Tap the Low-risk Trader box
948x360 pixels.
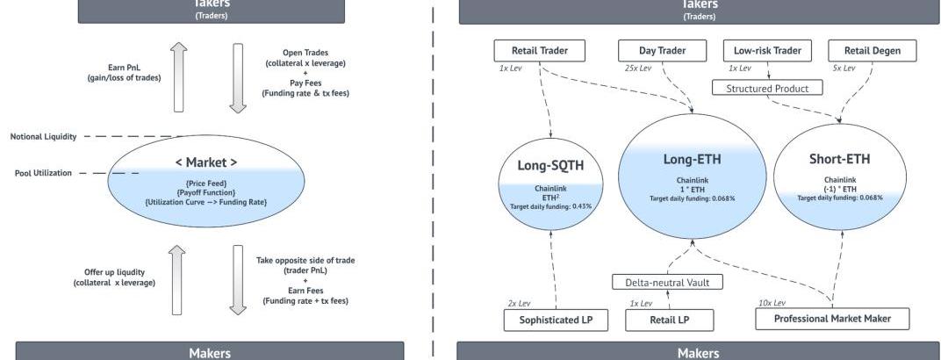tap(763, 51)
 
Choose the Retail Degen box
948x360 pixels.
tap(873, 51)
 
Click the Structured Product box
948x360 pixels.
tap(767, 88)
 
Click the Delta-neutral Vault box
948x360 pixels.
tap(666, 282)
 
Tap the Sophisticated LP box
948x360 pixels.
tap(556, 319)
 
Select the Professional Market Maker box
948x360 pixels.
tap(831, 318)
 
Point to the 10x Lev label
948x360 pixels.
tap(772, 303)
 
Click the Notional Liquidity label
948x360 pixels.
tap(44, 136)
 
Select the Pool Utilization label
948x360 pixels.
tap(43, 173)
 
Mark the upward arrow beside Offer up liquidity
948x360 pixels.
tap(178, 278)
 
